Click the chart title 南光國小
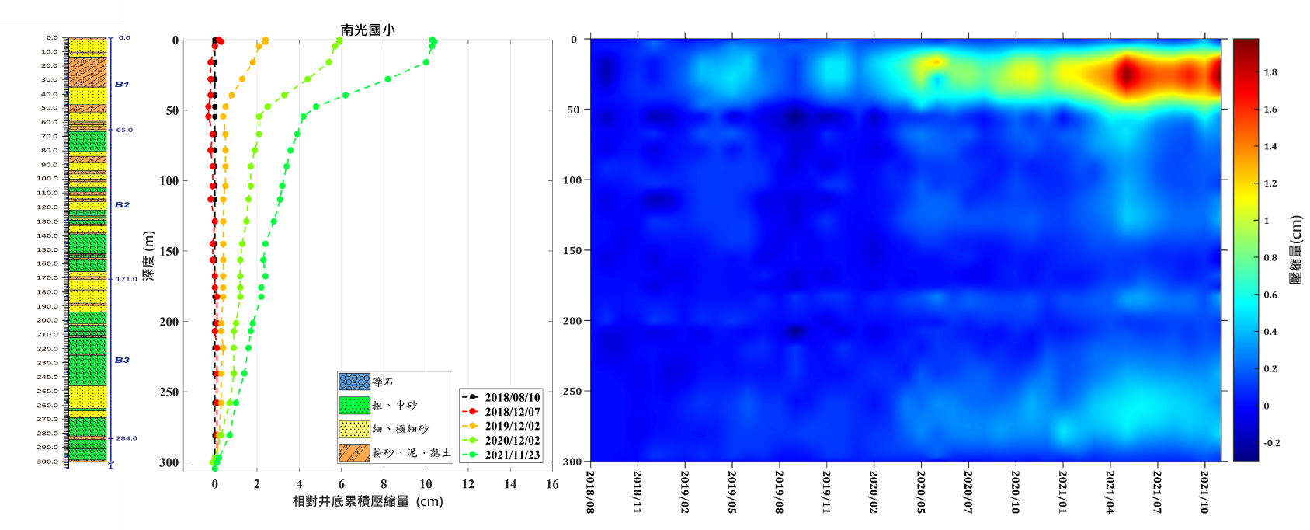367,30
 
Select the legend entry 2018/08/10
512,397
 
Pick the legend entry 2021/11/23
512,455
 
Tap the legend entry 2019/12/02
512,426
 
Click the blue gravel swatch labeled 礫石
354,382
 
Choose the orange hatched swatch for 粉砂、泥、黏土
354,452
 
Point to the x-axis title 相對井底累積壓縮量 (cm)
367,501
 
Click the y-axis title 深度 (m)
148,255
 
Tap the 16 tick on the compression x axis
552,484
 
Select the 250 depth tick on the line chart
169,392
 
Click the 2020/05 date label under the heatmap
921,491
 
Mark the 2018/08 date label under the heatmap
590,491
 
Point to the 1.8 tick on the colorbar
1270,72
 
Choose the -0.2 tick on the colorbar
1271,443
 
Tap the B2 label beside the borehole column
122,205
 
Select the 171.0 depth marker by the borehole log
127,278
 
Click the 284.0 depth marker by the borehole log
127,438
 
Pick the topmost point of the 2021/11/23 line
433,40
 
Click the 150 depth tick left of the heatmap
573,250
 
